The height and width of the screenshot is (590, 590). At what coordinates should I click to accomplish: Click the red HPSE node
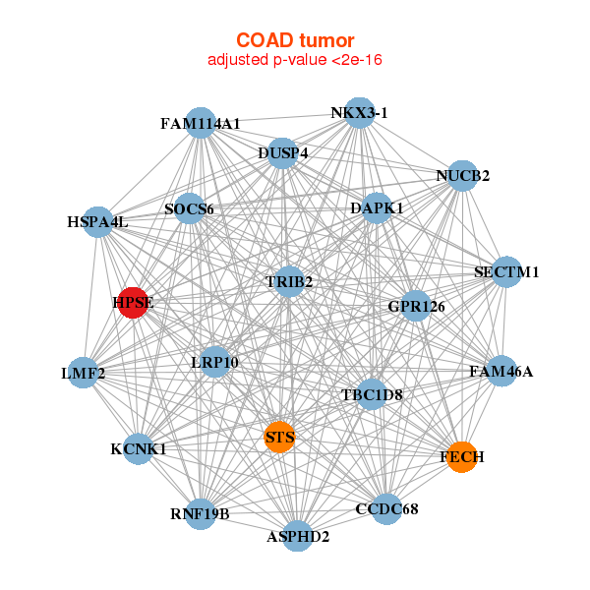(133, 303)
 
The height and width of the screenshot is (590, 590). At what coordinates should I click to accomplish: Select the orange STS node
(279, 437)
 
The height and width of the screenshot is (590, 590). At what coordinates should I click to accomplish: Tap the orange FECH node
(462, 457)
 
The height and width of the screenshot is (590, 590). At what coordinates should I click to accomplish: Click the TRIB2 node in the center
(289, 281)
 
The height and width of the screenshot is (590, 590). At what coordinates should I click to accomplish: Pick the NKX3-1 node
(360, 113)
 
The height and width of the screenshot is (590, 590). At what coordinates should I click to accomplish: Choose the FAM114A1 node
(201, 123)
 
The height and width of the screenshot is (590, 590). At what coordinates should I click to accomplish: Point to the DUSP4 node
(282, 153)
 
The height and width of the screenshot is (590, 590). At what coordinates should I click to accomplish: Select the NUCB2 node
(462, 176)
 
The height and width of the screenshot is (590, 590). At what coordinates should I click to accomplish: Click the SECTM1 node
(506, 272)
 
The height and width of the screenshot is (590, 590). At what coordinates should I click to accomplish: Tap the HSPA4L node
(97, 222)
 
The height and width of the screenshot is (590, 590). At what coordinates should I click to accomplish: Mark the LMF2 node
(84, 373)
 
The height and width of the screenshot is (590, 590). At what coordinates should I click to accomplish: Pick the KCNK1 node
(139, 449)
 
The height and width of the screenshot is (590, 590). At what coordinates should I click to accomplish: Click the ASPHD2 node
(298, 536)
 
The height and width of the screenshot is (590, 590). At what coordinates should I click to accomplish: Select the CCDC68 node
(386, 509)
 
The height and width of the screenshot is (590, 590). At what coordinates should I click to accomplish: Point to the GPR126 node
(416, 306)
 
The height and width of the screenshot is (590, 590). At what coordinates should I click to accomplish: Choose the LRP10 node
(214, 362)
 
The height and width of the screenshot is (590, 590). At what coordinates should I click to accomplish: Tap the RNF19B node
(201, 514)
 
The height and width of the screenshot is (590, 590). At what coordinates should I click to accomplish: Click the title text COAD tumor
(295, 40)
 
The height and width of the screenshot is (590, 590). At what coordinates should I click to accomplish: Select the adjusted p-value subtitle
(295, 60)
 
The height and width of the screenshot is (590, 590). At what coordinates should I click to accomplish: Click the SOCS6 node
(189, 208)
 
